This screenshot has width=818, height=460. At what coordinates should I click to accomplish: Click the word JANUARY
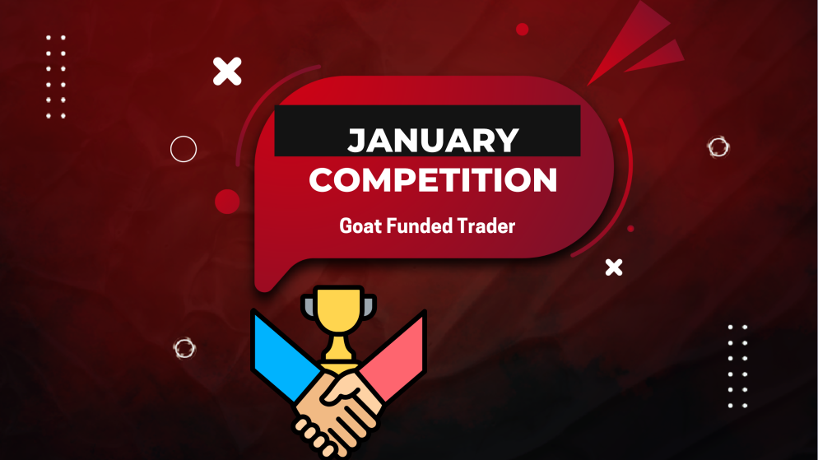[433, 141]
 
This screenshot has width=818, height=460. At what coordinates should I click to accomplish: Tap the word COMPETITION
[433, 180]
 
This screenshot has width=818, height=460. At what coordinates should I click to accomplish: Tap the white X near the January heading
[227, 72]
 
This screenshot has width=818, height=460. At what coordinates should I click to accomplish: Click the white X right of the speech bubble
[613, 267]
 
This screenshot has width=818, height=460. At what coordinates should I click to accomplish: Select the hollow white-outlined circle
[184, 149]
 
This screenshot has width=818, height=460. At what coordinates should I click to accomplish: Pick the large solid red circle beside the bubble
[227, 201]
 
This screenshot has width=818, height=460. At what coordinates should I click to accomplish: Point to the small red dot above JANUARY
[522, 30]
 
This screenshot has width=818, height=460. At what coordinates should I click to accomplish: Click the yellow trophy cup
[337, 314]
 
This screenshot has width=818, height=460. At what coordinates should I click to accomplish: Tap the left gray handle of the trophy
[308, 306]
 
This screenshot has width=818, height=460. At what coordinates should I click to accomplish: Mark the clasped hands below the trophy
[337, 407]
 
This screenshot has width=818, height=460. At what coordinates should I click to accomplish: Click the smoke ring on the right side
[718, 147]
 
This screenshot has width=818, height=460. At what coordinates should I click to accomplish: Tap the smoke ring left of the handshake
[184, 348]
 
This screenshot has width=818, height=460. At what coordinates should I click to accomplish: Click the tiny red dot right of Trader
[630, 229]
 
